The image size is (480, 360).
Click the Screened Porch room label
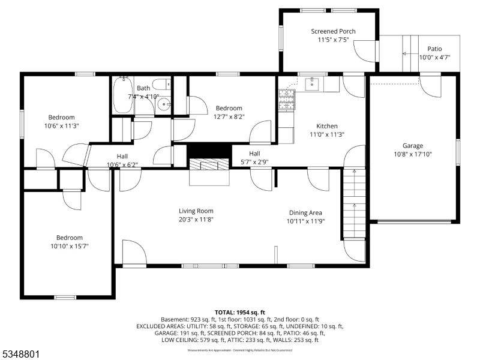pyautogui.click(x=333, y=31)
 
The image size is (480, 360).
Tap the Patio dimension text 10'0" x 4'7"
pyautogui.click(x=434, y=58)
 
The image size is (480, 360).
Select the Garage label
pyautogui.click(x=412, y=146)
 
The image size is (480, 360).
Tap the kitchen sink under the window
pyautogui.click(x=313, y=85)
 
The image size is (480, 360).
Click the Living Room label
pyautogui.click(x=196, y=211)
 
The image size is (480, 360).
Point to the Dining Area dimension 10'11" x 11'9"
pyautogui.click(x=306, y=221)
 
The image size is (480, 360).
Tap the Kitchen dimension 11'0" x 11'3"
pyautogui.click(x=327, y=134)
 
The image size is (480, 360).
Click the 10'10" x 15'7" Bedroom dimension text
pyautogui.click(x=70, y=246)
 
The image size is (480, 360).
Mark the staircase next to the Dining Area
pyautogui.click(x=354, y=204)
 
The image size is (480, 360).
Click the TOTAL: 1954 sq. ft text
pyautogui.click(x=239, y=313)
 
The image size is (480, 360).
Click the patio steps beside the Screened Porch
pyautogui.click(x=410, y=53)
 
